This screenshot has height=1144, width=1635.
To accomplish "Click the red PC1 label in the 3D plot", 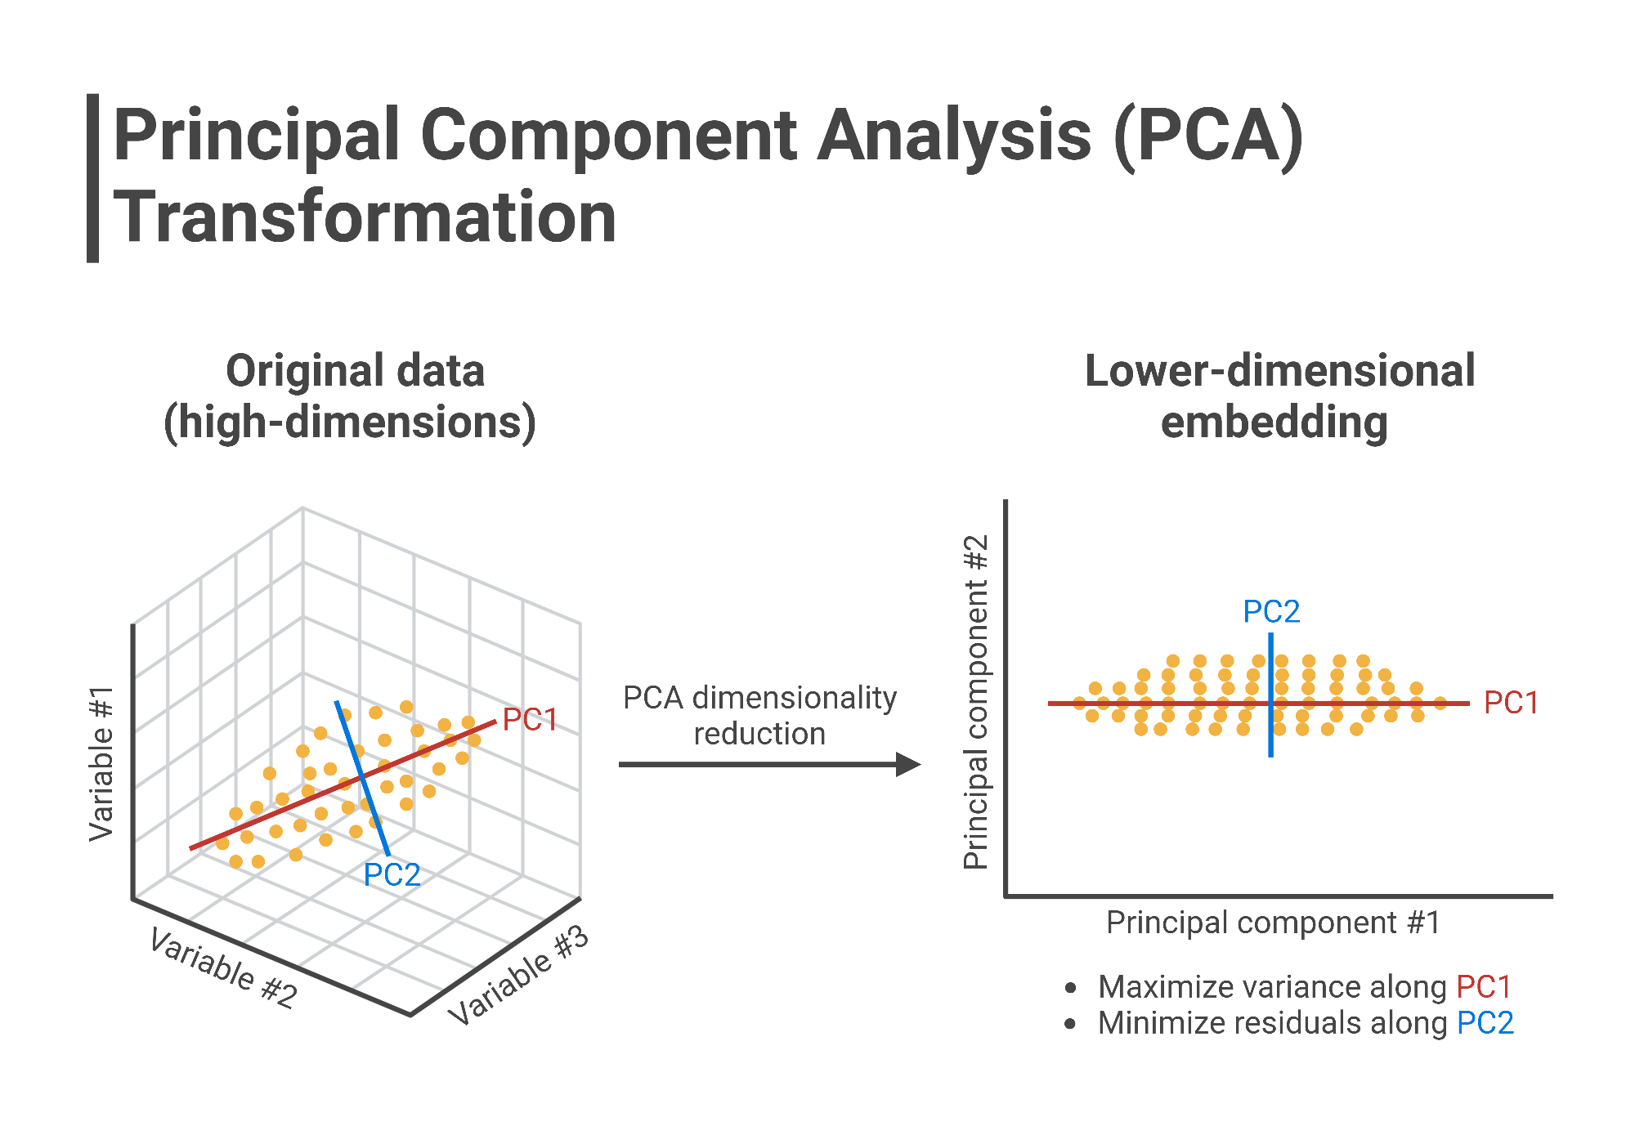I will point(530,720).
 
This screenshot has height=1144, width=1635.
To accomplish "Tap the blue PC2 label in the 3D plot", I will point(392,875).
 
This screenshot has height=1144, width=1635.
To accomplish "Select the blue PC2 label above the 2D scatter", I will point(1271,612).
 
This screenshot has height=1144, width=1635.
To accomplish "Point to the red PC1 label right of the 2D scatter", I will point(1511,704).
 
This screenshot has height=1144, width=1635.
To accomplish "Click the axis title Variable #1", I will point(101,763).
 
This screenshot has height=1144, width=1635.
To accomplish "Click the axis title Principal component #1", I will point(1273,923).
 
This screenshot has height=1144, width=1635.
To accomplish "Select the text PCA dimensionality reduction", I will point(759,716).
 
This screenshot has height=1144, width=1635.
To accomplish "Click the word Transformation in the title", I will point(365,217).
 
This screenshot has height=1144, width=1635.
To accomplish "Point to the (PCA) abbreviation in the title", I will point(1208,136).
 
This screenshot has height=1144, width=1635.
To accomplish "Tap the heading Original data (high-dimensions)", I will point(352,397).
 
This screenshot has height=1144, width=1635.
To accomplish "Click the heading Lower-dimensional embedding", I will point(1279,397).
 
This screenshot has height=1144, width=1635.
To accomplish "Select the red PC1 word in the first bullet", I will point(1484,987).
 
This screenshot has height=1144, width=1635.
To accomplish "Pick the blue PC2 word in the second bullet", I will point(1485,1023).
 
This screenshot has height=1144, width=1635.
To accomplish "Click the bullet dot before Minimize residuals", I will point(1070,1024).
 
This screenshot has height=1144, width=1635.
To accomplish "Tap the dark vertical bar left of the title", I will point(92,178).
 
